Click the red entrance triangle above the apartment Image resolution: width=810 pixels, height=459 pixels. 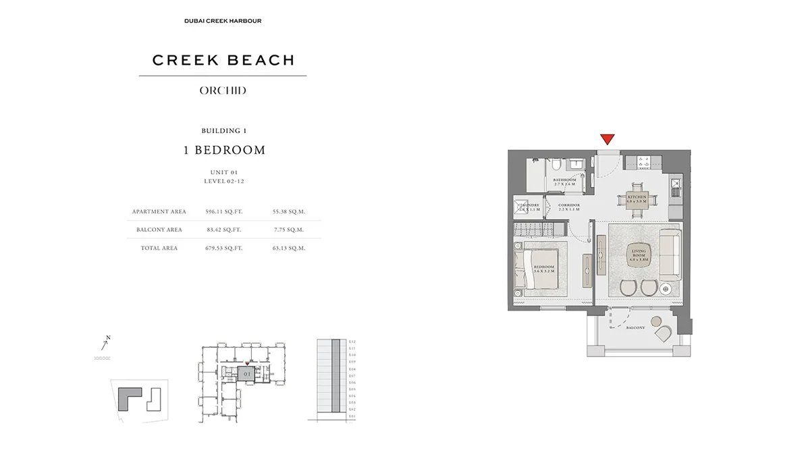607,139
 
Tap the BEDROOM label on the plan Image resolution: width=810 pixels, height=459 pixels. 543,269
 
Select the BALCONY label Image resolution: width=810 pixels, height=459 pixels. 635,328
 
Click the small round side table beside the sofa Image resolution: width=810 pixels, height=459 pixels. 666,289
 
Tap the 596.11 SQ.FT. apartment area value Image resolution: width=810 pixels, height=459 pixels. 223,211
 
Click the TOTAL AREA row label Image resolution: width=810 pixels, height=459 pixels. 159,248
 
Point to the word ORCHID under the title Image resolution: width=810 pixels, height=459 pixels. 223,90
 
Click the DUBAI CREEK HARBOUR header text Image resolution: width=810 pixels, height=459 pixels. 223,21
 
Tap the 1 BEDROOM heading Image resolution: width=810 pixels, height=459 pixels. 224,151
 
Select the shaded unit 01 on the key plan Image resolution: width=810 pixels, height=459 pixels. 246,373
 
